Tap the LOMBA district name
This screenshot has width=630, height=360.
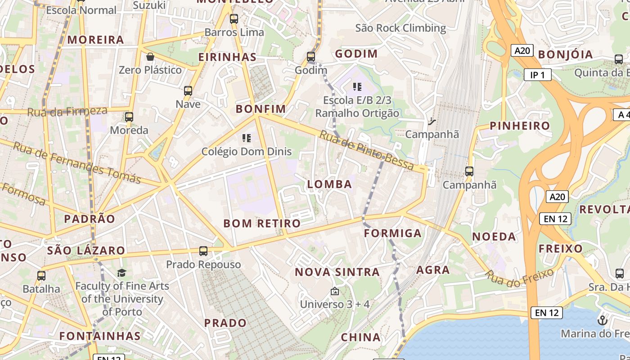coord(329,184)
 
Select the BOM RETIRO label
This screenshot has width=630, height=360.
coord(262,223)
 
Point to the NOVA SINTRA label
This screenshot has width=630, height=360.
coord(337,272)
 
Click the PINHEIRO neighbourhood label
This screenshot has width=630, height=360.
coord(520,126)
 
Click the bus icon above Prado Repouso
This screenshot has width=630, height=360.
coord(203,251)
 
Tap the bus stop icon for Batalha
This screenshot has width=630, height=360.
coord(41,276)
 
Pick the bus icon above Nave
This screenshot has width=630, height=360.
coord(188,91)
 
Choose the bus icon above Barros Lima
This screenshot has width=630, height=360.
coord(234,19)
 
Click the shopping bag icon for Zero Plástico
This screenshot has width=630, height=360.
coord(150,57)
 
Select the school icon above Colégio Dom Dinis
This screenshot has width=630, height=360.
coord(246,138)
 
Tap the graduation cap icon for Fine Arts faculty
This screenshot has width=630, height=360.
coord(121,273)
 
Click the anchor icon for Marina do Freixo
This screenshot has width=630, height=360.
coord(602,320)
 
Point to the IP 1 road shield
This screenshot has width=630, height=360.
coord(537,75)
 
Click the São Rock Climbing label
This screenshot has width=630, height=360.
coord(400,28)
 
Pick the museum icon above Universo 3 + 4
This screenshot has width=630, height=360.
coord(334,292)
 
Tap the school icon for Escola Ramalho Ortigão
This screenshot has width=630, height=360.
coord(357,86)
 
